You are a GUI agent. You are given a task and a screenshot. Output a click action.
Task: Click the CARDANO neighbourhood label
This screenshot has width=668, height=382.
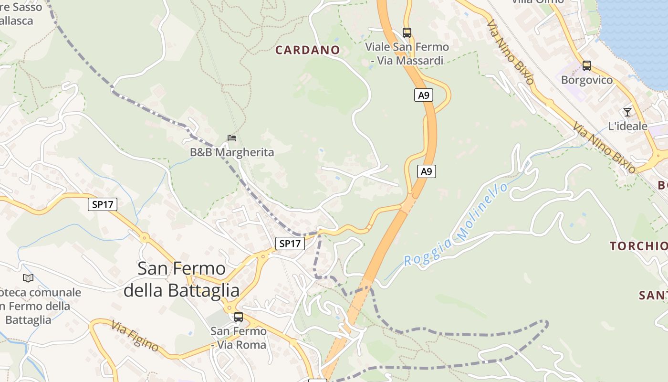coord(307,50)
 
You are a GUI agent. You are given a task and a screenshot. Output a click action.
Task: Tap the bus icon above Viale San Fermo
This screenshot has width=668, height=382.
coord(407,33)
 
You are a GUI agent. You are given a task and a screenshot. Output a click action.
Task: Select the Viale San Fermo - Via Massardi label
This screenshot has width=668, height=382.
coord(407,53)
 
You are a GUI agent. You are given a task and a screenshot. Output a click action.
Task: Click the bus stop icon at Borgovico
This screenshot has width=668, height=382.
coord(586,66)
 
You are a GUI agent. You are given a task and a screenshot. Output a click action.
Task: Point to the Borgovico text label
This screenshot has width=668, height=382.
coord(586,80)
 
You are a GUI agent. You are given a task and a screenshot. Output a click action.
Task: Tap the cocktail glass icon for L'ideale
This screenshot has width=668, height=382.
coord(627,112)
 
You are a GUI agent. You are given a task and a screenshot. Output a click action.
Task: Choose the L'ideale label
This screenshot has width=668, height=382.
coord(627,126)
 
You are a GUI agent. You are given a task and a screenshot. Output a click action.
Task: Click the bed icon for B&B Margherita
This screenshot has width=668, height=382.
coord(232,138)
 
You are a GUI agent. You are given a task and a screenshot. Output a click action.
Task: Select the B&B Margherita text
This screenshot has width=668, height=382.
coord(232,152)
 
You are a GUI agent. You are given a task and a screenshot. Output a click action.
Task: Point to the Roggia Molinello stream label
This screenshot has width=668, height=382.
coord(456,225)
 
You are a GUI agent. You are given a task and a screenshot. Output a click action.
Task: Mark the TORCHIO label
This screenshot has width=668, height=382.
coord(638,246)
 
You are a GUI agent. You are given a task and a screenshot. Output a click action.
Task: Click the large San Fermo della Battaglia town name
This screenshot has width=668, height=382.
coord(181,279)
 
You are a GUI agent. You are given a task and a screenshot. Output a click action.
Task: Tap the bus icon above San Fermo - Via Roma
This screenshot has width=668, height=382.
coord(238,317)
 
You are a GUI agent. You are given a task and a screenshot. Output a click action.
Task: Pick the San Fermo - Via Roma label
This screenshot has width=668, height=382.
coord(239,338)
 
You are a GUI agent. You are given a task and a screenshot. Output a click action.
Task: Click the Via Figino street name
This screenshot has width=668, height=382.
coord(135,336)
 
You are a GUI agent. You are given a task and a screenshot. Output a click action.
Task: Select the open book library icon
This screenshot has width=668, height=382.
coord(28,278)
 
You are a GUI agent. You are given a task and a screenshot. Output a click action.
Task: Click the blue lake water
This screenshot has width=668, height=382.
coord(635,33)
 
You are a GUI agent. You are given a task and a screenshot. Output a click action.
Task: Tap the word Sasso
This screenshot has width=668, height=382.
coord(29,7)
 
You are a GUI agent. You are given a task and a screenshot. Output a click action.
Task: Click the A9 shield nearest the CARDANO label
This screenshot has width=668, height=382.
coord(423,95)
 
